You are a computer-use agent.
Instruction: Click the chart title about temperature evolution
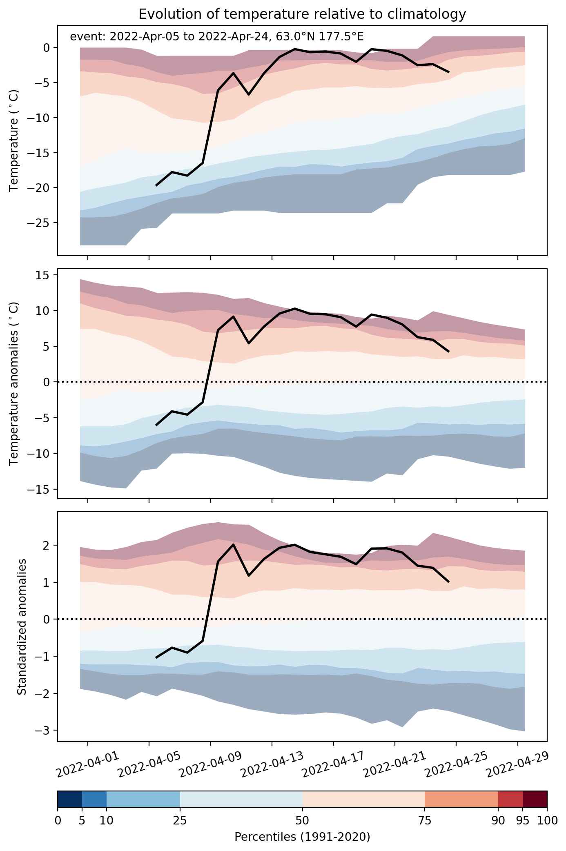pyautogui.click(x=302, y=14)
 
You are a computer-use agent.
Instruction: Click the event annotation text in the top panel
pyautogui.click(x=217, y=37)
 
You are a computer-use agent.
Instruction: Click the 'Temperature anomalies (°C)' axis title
pyautogui.click(x=14, y=383)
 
